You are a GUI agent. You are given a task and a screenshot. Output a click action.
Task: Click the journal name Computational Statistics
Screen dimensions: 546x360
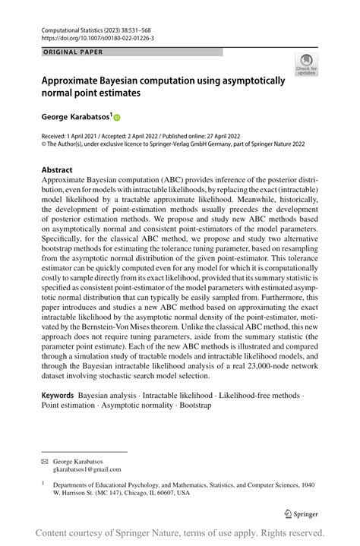(75, 26)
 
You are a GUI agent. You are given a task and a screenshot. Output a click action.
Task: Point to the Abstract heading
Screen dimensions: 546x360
(57, 170)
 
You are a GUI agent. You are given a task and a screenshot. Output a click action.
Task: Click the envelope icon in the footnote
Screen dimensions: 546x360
(45, 461)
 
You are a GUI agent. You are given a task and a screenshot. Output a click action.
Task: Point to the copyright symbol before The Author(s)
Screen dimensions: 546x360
(44, 141)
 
